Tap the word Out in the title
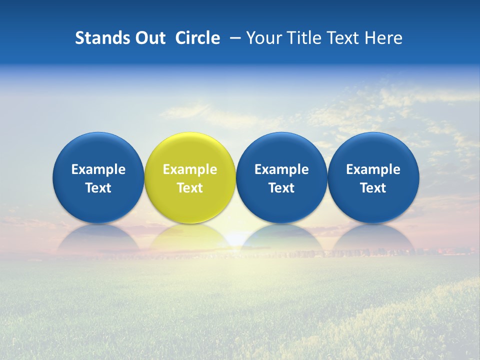click(x=149, y=38)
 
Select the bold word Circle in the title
click(x=197, y=38)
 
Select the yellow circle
click(x=190, y=177)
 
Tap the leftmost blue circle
click(x=98, y=177)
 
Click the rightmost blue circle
click(x=373, y=177)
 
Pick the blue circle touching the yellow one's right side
click(x=281, y=177)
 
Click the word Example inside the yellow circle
click(x=190, y=169)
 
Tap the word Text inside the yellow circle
click(x=190, y=188)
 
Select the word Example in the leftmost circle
click(x=98, y=169)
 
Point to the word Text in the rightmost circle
click(x=373, y=188)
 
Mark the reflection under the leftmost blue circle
click(x=98, y=237)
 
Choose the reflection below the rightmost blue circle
click(x=373, y=237)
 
